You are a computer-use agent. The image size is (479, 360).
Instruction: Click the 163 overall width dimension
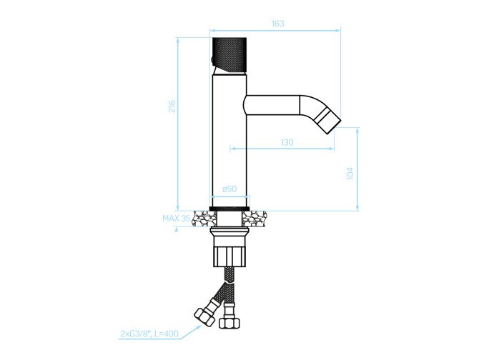[277, 24]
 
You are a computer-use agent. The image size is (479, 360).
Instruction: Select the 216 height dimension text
[172, 106]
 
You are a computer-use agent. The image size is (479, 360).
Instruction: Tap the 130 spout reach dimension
[287, 142]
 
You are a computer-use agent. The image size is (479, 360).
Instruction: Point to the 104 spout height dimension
[350, 173]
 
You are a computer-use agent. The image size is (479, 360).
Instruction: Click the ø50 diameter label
[229, 189]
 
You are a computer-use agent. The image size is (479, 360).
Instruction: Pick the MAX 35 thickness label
[177, 219]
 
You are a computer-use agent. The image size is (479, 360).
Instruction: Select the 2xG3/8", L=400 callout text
[149, 334]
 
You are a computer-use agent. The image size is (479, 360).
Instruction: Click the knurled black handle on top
[229, 55]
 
